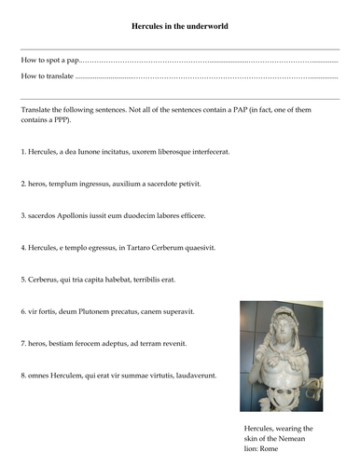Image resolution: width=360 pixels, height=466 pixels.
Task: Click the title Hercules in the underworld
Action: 179,26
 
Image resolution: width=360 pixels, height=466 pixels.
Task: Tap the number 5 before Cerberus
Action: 22,280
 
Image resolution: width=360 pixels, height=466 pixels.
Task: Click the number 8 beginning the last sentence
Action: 22,376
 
